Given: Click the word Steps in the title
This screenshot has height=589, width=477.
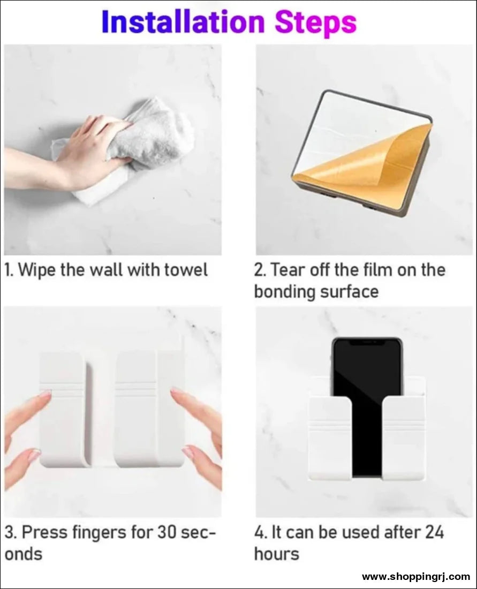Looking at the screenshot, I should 315,22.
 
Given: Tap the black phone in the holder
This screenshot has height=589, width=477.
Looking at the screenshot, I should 367,396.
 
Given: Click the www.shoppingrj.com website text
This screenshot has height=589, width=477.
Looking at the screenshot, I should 415,577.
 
